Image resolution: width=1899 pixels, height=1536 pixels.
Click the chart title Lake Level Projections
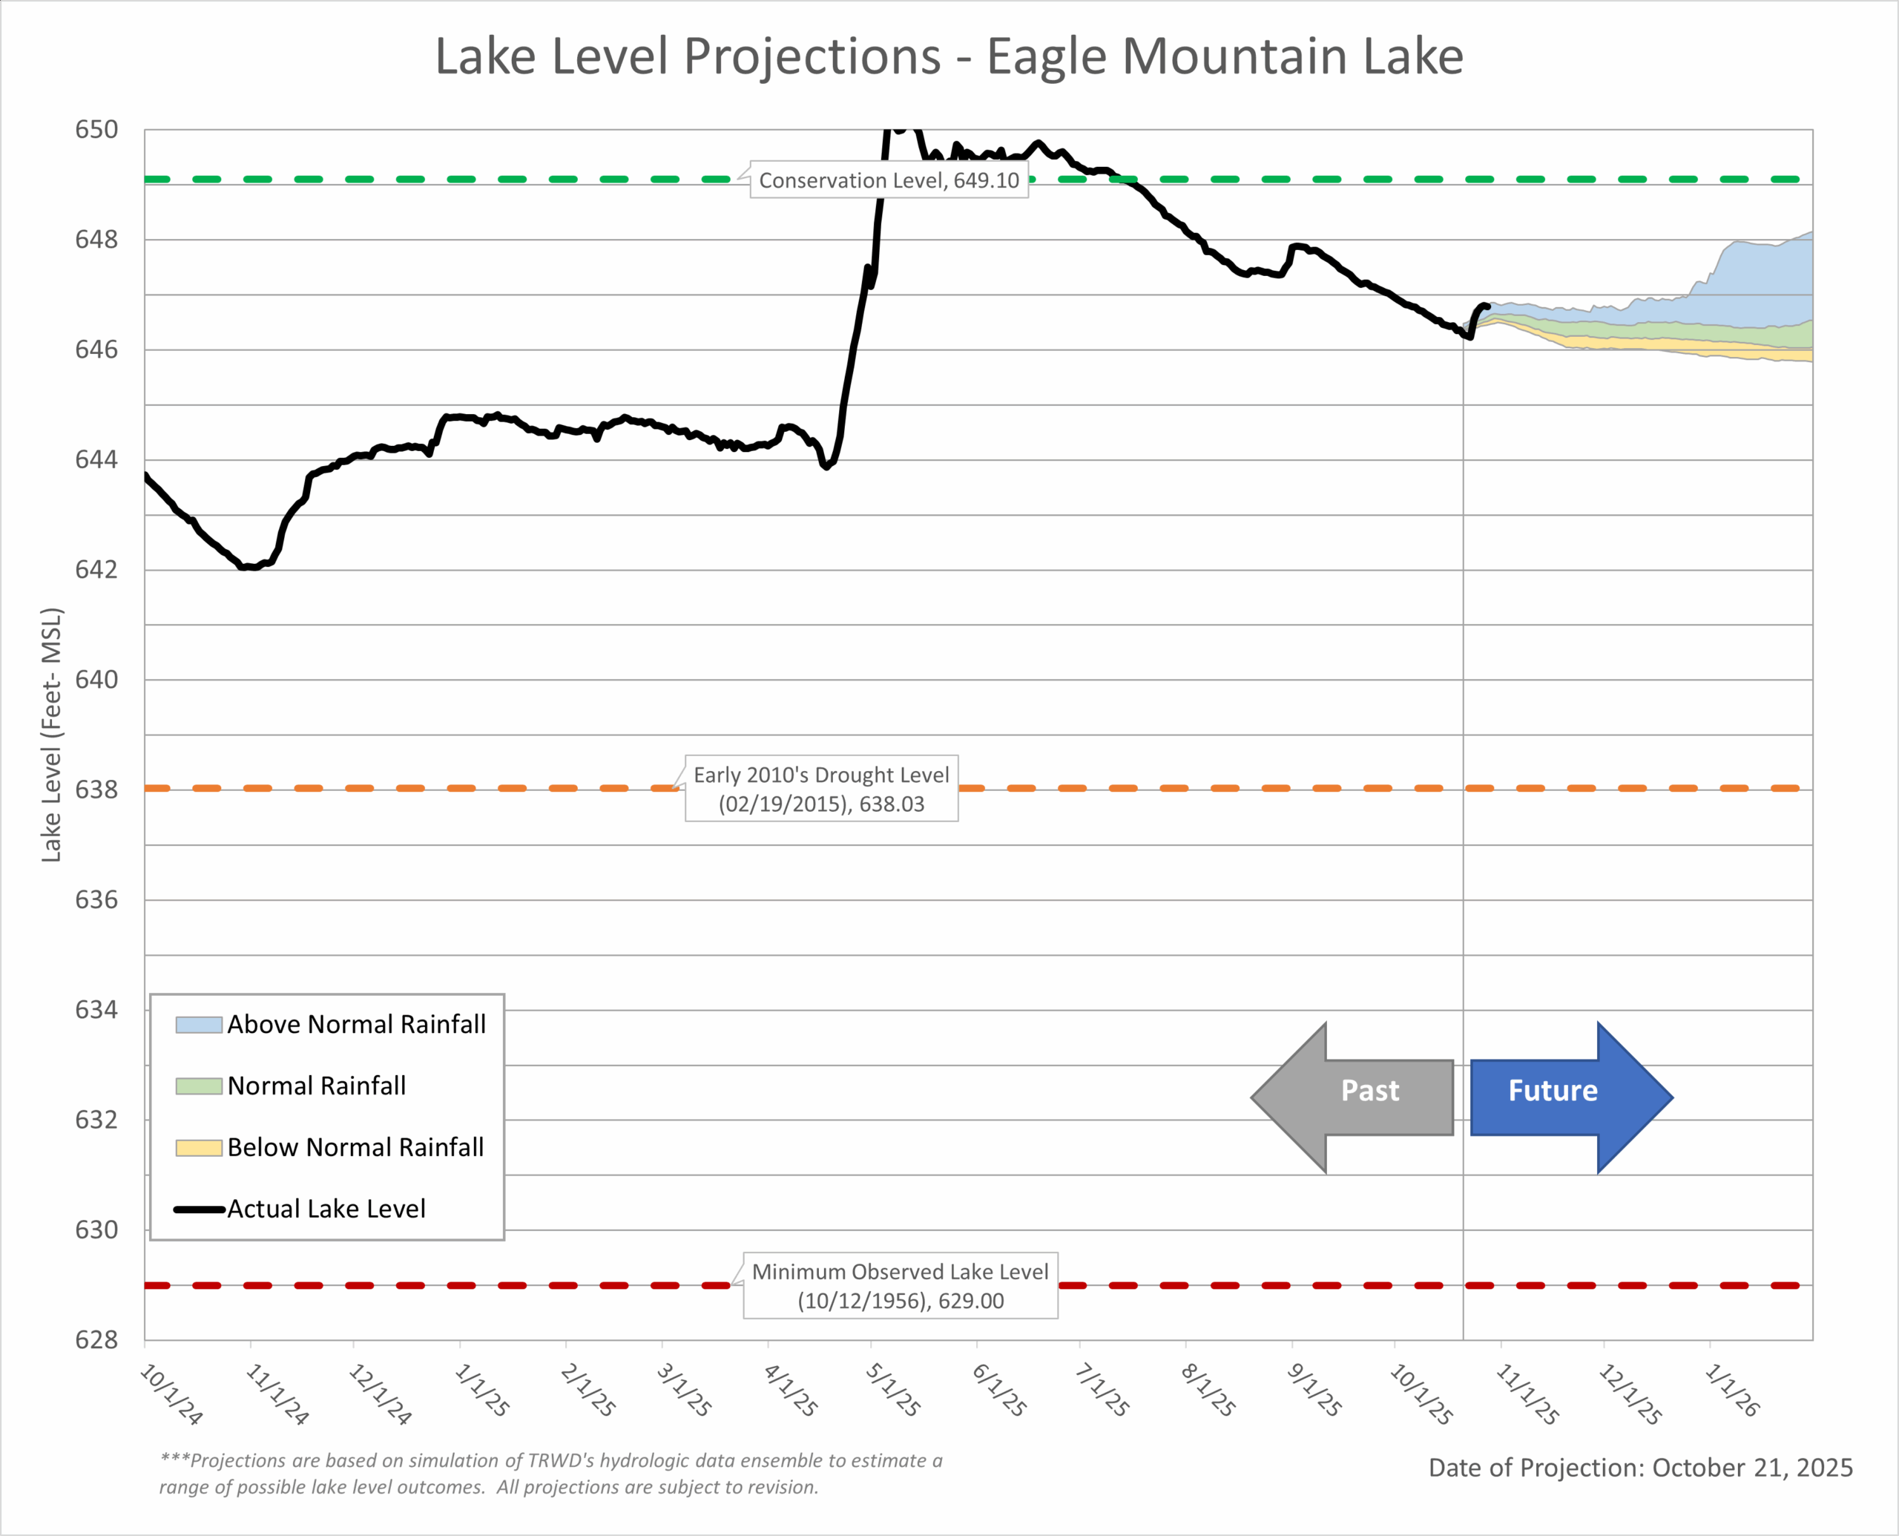pyautogui.click(x=948, y=56)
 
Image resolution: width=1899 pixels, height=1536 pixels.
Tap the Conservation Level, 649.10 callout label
pyautogui.click(x=889, y=180)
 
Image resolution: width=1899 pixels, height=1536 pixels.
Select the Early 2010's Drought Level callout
pyautogui.click(x=821, y=788)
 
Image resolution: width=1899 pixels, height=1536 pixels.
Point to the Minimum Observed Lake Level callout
pyautogui.click(x=900, y=1286)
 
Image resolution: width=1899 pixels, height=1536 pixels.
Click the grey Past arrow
pyautogui.click(x=1353, y=1097)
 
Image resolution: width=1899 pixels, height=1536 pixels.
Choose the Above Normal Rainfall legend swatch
pyautogui.click(x=198, y=1025)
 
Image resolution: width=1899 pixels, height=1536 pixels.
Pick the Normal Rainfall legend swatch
pyautogui.click(x=198, y=1086)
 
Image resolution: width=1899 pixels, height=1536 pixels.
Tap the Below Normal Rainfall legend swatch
pyautogui.click(x=198, y=1148)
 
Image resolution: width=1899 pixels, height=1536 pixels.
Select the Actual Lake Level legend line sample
pyautogui.click(x=198, y=1210)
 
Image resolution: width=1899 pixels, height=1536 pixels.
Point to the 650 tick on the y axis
pyautogui.click(x=96, y=130)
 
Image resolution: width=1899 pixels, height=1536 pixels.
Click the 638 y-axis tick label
pyautogui.click(x=96, y=790)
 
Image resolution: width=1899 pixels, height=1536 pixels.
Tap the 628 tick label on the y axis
pyautogui.click(x=96, y=1339)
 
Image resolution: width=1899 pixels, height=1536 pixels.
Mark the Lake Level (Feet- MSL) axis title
pyautogui.click(x=51, y=735)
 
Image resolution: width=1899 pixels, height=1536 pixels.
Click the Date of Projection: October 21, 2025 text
pyautogui.click(x=1640, y=1468)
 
